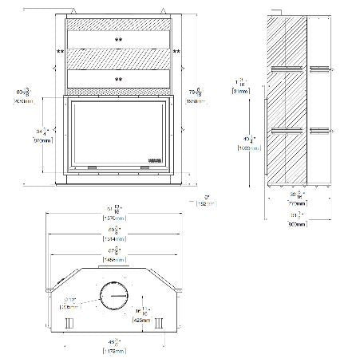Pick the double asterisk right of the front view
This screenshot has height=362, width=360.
pos(176,52)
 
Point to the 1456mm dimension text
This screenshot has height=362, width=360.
pos(117,260)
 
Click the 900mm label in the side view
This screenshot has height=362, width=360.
pos(297,226)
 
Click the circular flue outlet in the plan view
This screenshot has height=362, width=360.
pos(113,297)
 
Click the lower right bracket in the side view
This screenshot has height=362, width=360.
pos(318,128)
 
